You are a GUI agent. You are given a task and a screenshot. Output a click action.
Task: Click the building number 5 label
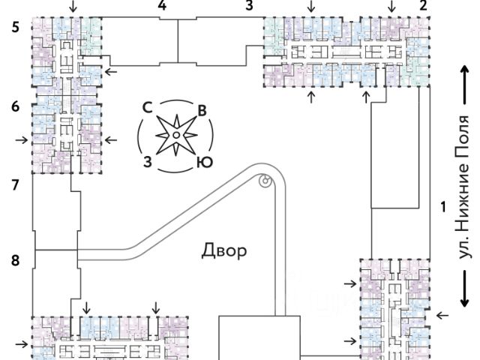coord(16,28)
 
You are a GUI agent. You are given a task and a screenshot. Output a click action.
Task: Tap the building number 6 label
coord(16,106)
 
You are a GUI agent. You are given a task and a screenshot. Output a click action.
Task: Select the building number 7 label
coord(16,185)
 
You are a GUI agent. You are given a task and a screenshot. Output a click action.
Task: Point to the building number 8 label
coord(16,260)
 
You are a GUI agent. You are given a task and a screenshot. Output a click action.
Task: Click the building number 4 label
coord(162,5)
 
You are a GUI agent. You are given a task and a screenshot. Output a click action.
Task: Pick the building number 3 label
coord(250,5)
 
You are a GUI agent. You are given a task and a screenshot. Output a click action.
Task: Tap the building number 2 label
coord(423,5)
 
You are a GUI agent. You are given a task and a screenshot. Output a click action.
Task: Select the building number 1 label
coord(443,207)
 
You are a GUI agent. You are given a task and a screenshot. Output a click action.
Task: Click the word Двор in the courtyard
coord(224,251)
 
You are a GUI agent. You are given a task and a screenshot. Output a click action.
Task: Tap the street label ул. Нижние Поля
coord(462,187)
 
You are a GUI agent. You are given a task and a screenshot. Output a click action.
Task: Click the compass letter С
coord(148,107)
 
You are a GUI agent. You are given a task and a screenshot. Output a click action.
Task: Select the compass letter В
coord(202,111)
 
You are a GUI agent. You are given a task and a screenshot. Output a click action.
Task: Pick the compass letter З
coord(148,162)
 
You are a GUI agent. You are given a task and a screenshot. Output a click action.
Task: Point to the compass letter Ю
coord(205,162)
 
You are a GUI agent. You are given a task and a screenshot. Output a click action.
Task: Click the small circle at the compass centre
coord(176,135)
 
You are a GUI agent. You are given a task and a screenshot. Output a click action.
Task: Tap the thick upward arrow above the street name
coord(465,85)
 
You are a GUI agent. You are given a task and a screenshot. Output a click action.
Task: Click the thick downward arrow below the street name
coord(465,289)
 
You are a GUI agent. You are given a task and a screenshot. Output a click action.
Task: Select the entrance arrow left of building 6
coord(22,140)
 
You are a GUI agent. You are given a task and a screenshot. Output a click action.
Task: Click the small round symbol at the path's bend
coord(265,180)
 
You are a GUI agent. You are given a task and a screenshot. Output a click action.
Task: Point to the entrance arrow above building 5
coord(73,6)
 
